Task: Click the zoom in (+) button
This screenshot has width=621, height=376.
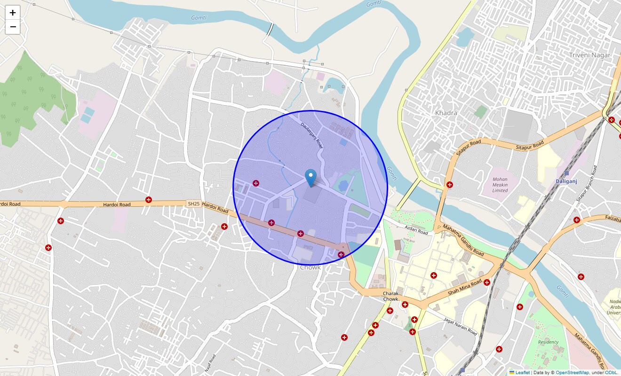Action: [x=13, y=13]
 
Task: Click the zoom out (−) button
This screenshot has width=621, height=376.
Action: [x=13, y=27]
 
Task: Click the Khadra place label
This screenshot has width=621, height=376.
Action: [x=446, y=113]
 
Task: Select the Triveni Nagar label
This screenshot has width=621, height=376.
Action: [x=589, y=55]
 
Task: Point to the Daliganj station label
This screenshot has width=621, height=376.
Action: [x=566, y=181]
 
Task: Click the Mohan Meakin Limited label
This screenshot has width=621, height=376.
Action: [x=500, y=185]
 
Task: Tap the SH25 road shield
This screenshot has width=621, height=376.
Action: [x=193, y=204]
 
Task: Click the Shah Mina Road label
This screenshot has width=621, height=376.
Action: [x=465, y=287]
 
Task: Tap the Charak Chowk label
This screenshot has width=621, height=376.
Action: [x=390, y=296]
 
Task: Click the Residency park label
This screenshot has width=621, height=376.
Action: [x=548, y=342]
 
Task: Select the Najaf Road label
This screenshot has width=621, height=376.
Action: [x=210, y=363]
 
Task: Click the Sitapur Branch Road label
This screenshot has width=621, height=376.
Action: [x=587, y=183]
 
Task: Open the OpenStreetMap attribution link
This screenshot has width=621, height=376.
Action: [x=572, y=373]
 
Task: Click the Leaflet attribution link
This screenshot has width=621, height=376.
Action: [x=522, y=373]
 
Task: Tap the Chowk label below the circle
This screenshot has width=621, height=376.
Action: [x=310, y=267]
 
